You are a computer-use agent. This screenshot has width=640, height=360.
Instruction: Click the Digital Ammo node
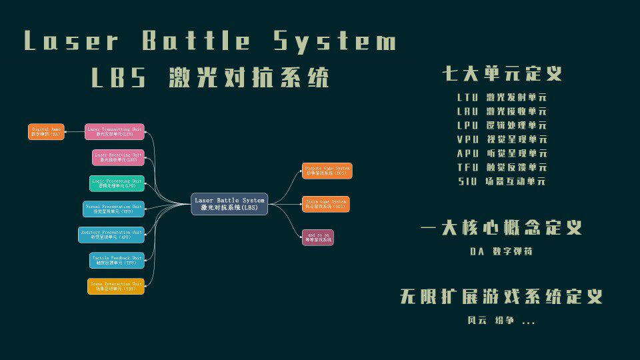pyautogui.click(x=46, y=131)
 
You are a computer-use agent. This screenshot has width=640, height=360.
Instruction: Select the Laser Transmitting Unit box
pyautogui.click(x=115, y=131)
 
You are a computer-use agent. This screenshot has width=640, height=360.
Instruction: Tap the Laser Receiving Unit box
pyautogui.click(x=119, y=157)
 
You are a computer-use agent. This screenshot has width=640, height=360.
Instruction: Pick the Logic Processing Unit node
pyautogui.click(x=117, y=183)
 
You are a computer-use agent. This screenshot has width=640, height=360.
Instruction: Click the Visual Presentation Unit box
pyautogui.click(x=113, y=209)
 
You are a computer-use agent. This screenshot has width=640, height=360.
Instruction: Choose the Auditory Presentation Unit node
pyautogui.click(x=111, y=235)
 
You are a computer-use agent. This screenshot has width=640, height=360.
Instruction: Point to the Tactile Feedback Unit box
pyautogui.click(x=117, y=260)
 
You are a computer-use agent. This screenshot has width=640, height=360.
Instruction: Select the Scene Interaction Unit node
pyautogui.click(x=116, y=286)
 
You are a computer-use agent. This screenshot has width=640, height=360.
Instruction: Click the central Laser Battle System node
pyautogui.click(x=229, y=203)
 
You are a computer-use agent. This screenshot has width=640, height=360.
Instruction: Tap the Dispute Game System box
pyautogui.click(x=327, y=171)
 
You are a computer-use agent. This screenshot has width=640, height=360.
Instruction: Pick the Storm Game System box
pyautogui.click(x=325, y=204)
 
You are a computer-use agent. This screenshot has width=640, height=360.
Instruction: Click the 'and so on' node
pyautogui.click(x=317, y=237)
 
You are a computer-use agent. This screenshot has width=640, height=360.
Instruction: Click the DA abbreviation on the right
pyautogui.click(x=477, y=252)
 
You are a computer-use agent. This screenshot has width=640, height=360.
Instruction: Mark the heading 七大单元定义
pyautogui.click(x=502, y=73)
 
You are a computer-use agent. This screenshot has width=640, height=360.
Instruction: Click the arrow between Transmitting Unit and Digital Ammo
pyautogui.click(x=75, y=131)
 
